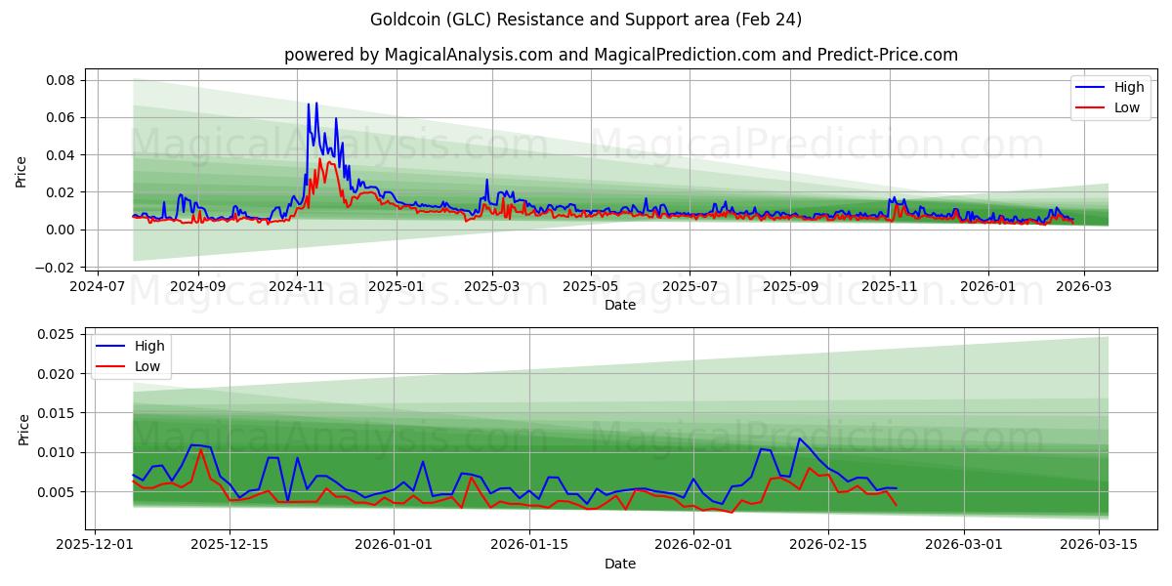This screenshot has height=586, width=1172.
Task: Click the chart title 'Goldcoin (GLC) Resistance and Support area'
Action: (586, 20)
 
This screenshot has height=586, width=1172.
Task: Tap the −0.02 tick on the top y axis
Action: (56, 268)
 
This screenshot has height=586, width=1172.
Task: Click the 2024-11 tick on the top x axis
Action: (297, 287)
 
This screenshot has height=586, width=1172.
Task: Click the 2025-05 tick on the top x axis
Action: (590, 287)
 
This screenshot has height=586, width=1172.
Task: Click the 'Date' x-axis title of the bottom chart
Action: (620, 564)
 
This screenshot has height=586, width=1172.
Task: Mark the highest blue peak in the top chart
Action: (316, 103)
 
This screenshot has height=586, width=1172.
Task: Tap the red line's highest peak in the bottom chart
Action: (200, 450)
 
